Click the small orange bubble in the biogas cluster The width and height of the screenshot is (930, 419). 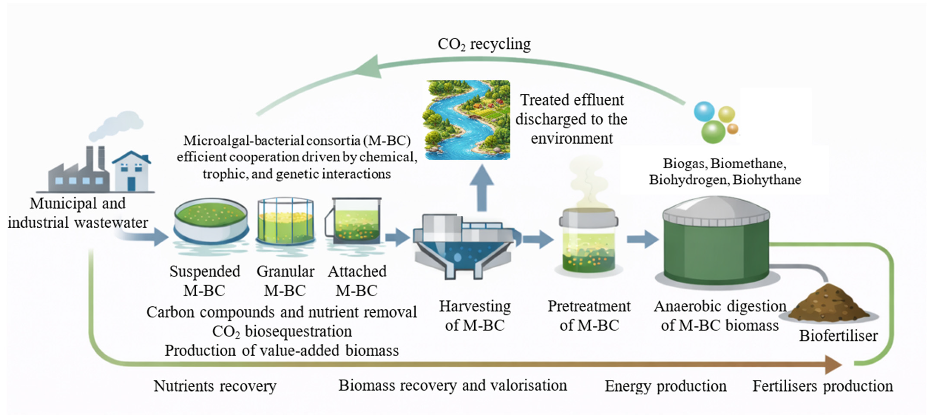pyautogui.click(x=733, y=128)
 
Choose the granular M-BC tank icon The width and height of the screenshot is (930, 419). pyautogui.click(x=285, y=221)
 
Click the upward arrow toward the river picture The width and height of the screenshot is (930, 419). pyautogui.click(x=482, y=188)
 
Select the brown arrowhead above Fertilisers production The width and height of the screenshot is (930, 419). pyautogui.click(x=833, y=365)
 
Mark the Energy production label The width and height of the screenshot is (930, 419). pyautogui.click(x=665, y=386)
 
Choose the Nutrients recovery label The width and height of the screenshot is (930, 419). pyautogui.click(x=215, y=386)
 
